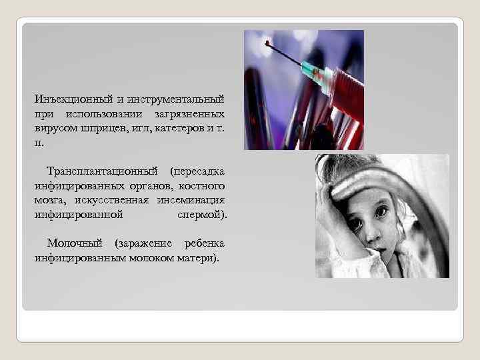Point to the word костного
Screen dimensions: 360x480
point(203,185)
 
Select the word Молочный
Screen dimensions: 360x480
point(76,243)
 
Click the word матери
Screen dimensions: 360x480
point(198,257)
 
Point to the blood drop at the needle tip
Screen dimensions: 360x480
point(267,45)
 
